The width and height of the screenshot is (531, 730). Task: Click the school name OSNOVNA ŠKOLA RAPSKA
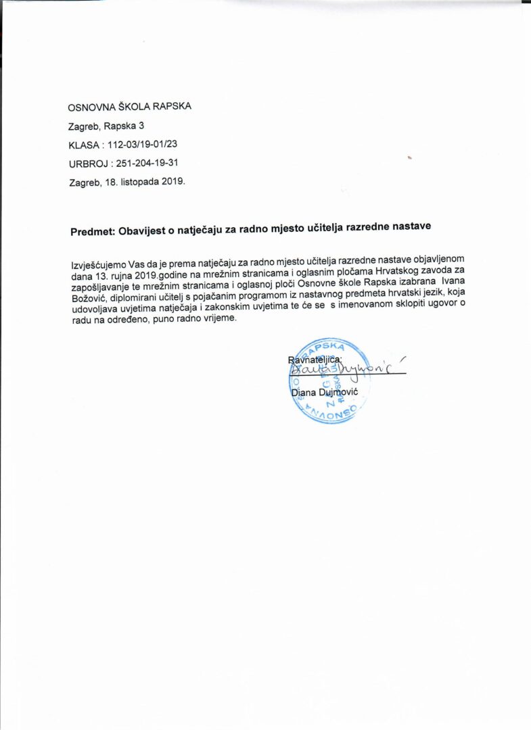pyautogui.click(x=129, y=107)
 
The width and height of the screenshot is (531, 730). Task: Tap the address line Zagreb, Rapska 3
pyautogui.click(x=106, y=126)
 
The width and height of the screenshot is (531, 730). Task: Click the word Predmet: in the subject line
pyautogui.click(x=92, y=232)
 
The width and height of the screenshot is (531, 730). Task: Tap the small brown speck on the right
pyautogui.click(x=409, y=157)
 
